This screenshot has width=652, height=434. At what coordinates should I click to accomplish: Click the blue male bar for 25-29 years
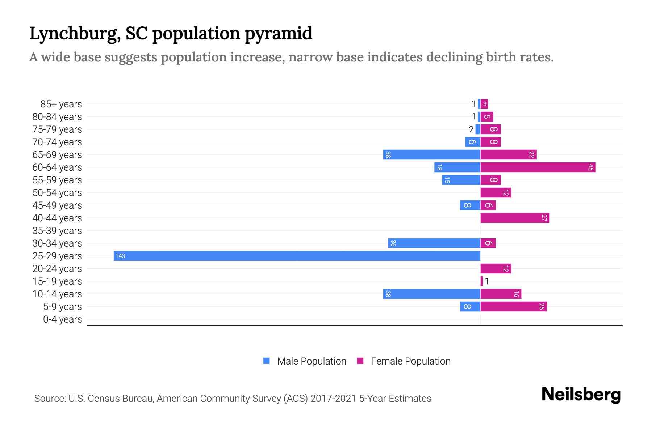click(x=297, y=256)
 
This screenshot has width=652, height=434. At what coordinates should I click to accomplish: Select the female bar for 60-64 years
click(x=538, y=167)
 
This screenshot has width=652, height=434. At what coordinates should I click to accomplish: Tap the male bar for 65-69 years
click(x=432, y=154)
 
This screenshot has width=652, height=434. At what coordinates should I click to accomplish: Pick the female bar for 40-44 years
click(x=515, y=218)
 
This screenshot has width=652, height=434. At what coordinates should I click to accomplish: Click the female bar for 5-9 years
click(x=514, y=306)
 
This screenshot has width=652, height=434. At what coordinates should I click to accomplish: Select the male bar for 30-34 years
click(x=434, y=243)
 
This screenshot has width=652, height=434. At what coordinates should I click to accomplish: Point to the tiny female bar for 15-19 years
click(x=482, y=281)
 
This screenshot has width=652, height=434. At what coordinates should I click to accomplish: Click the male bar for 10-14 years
click(x=432, y=294)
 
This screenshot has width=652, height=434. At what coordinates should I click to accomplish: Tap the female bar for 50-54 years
click(x=496, y=192)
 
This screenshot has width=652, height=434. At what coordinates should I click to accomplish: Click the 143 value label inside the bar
click(x=120, y=256)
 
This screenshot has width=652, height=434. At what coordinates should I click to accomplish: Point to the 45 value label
click(x=591, y=167)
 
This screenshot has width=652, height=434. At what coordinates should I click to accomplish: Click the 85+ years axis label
click(x=61, y=104)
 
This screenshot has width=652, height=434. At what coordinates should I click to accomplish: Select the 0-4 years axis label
click(x=62, y=319)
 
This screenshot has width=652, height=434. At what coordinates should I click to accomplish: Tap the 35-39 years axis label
click(x=57, y=231)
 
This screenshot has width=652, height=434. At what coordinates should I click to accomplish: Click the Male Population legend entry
click(x=312, y=361)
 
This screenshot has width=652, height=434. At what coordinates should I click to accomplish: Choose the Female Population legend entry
click(x=410, y=361)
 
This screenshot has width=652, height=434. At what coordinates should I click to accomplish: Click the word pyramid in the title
click(x=278, y=33)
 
